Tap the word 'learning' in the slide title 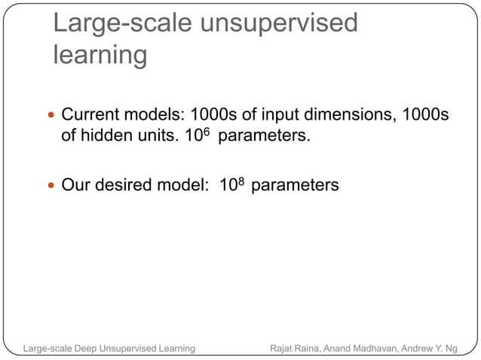[100, 55]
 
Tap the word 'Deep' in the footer [89, 348]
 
